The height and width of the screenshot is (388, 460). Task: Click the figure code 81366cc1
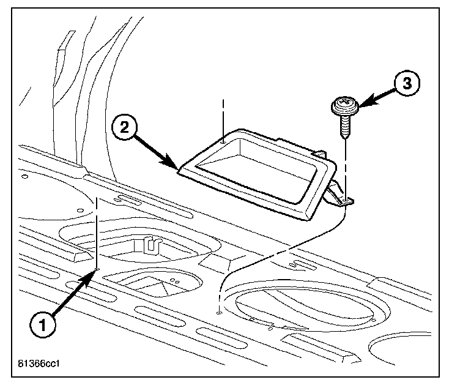37,368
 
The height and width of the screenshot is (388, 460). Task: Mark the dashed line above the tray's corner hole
224,116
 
